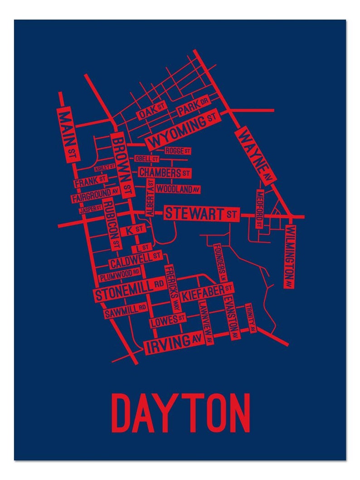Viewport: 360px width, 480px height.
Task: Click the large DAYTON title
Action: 180,413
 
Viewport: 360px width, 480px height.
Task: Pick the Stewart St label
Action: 201,213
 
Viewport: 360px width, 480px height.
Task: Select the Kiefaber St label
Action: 207,292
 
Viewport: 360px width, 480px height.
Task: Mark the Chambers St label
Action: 164,173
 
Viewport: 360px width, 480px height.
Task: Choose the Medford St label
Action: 259,209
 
